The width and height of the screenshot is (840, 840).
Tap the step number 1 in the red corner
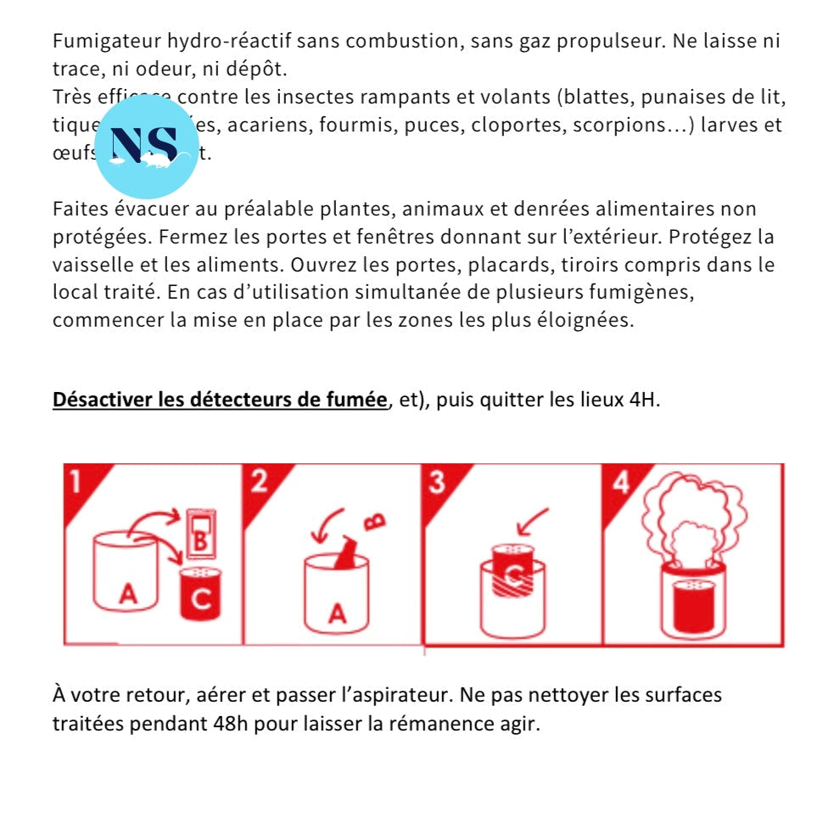[x=76, y=480]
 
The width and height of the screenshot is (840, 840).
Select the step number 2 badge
[x=259, y=480]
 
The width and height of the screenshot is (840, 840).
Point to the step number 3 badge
[x=436, y=481]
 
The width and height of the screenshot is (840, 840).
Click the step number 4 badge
[x=620, y=481]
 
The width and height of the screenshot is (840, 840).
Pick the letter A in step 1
[x=127, y=596]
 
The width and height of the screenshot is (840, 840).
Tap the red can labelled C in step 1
[x=201, y=594]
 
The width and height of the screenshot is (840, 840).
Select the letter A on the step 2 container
[x=337, y=612]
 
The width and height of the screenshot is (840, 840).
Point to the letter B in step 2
[x=378, y=519]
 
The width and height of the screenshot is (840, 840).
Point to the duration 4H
[x=644, y=400]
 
